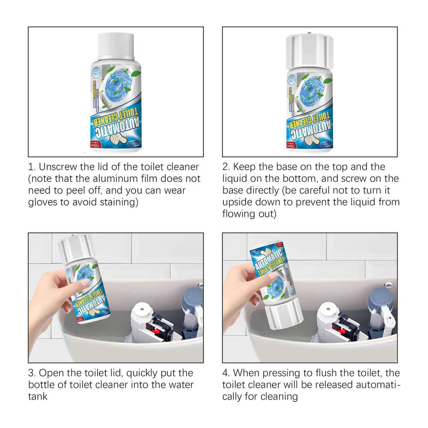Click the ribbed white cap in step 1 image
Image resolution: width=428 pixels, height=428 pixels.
(x=116, y=46)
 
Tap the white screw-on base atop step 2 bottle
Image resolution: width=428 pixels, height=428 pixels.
(x=309, y=51)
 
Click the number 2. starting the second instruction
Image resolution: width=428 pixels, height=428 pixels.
(x=227, y=166)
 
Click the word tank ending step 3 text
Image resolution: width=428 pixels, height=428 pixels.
(x=38, y=397)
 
